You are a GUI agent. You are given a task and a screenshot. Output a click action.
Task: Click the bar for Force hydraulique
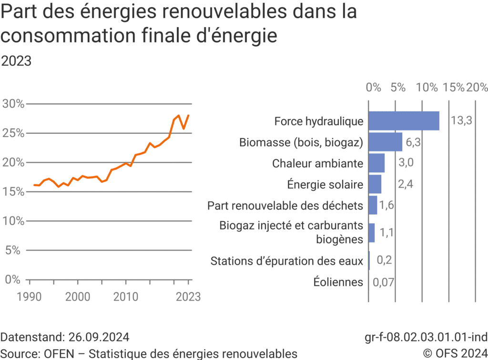(x=404, y=121)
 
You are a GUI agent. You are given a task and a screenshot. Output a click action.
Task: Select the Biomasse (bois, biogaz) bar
(x=385, y=142)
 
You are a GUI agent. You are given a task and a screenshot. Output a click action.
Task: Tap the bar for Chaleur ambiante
(x=376, y=163)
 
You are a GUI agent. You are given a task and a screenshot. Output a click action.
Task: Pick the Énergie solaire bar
(x=375, y=184)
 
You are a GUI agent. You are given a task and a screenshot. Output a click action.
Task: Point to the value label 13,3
(x=461, y=121)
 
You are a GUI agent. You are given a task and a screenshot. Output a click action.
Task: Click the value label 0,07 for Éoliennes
(x=384, y=282)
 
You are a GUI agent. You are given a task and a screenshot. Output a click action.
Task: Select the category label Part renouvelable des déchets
(x=285, y=206)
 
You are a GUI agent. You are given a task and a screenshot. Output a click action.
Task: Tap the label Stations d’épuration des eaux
(x=286, y=261)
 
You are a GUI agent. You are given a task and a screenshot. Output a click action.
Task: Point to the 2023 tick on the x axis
(x=188, y=297)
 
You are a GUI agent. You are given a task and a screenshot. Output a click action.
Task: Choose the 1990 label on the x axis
(x=30, y=297)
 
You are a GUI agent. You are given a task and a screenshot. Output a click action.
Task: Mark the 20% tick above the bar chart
(x=477, y=88)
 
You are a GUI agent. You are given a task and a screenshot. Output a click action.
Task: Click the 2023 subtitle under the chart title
(x=17, y=61)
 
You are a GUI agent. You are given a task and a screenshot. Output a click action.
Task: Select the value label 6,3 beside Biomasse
(x=414, y=142)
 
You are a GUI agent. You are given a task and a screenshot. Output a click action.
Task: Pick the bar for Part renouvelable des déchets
(x=373, y=206)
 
